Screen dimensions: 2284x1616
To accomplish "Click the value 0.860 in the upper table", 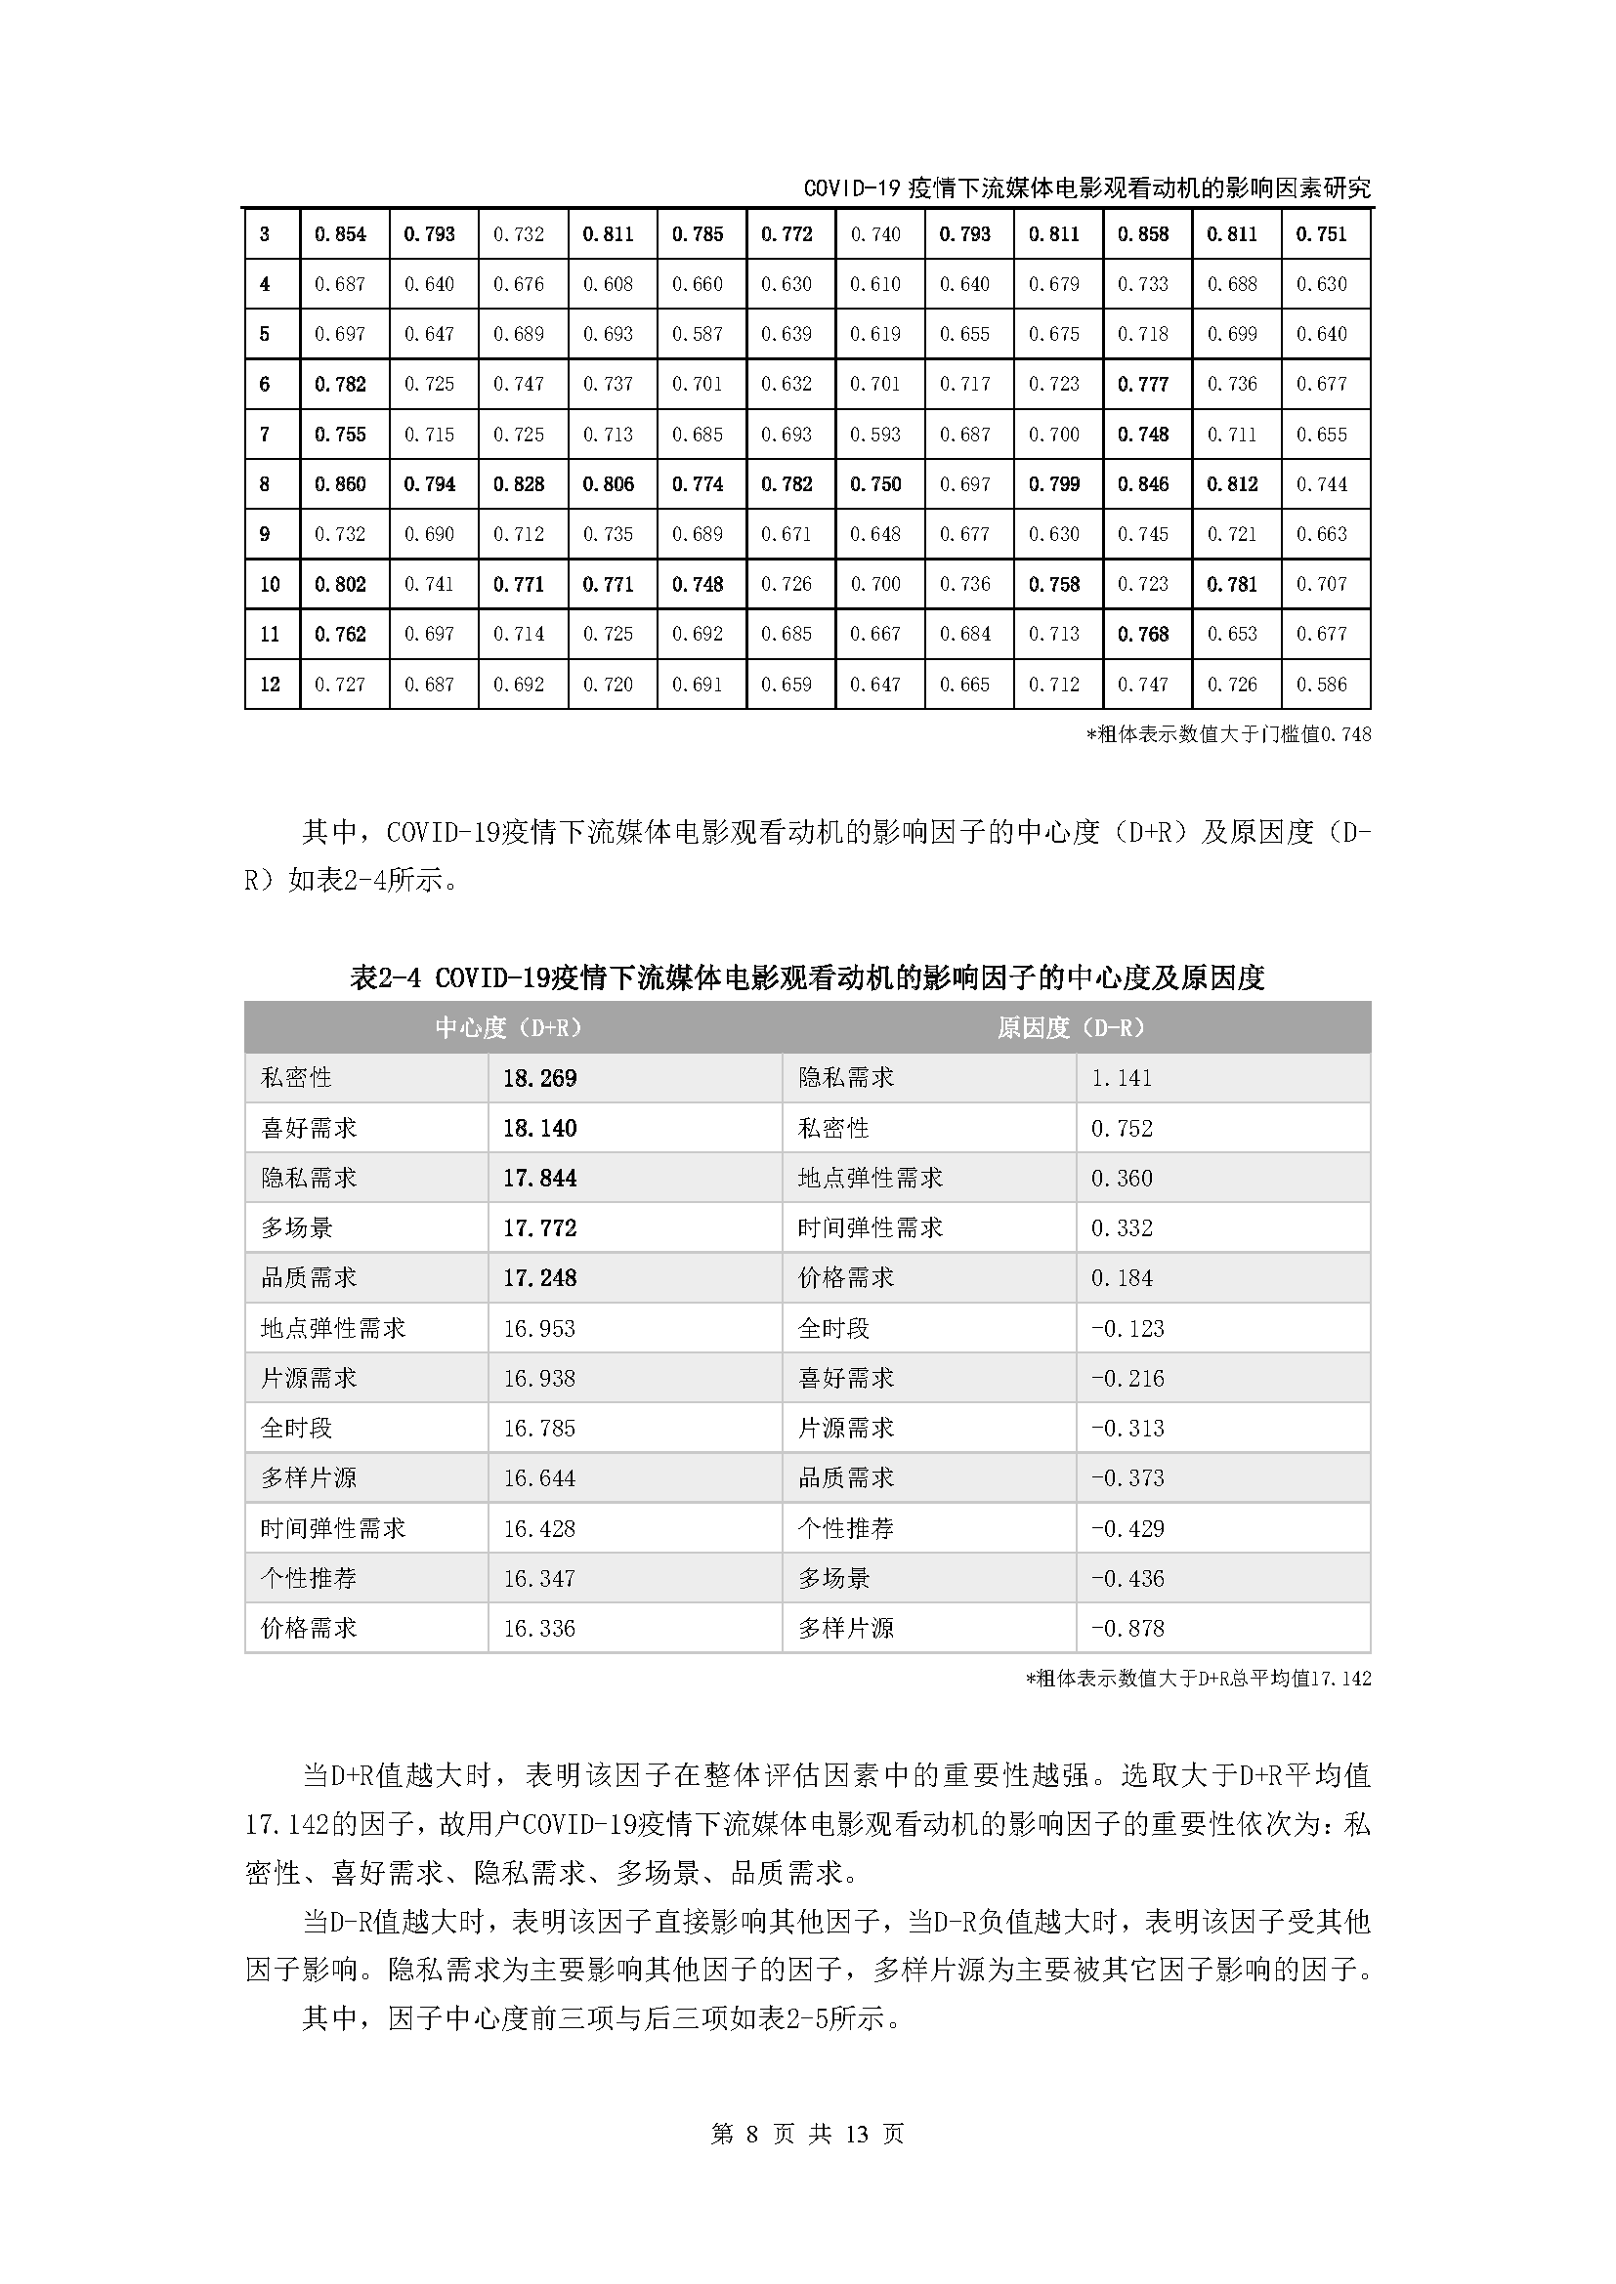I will coord(340,484).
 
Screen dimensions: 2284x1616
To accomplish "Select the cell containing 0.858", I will coord(1142,234).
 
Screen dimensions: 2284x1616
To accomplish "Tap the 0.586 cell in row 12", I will coord(1322,685).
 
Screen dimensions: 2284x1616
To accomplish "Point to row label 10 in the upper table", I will coord(270,584).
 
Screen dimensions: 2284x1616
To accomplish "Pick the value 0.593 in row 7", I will coord(874,435).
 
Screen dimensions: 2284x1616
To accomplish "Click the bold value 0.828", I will coord(519,484).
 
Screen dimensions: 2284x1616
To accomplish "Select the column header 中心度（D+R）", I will coord(510,1027).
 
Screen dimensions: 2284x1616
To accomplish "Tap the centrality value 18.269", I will coord(539,1078).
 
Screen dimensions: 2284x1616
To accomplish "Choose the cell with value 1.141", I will coord(1122,1078).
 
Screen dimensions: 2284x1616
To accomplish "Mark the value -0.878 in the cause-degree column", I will coord(1127,1629).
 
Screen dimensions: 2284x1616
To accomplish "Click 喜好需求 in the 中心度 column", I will coord(309,1128).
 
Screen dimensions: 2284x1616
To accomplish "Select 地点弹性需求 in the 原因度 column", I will coord(870,1178).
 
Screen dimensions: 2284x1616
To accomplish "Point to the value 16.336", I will coord(539,1629).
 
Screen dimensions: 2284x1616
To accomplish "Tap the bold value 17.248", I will coord(539,1277).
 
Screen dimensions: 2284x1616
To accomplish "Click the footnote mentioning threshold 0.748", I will coord(1228,735).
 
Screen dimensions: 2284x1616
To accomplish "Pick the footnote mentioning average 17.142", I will coord(1198,1680).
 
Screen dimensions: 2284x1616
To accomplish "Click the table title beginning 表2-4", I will coord(807,977).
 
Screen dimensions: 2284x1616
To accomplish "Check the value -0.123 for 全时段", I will coord(1127,1328).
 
